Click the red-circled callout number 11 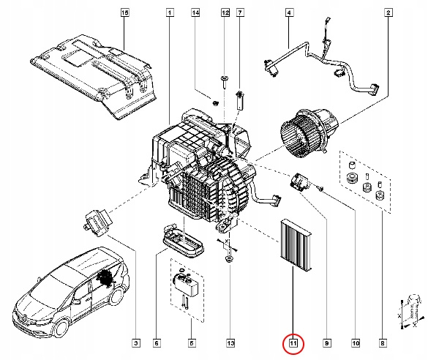293,342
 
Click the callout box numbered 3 135,342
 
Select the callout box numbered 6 156,342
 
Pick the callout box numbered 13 229,342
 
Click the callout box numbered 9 327,342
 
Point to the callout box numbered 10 356,342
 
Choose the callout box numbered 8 383,342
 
